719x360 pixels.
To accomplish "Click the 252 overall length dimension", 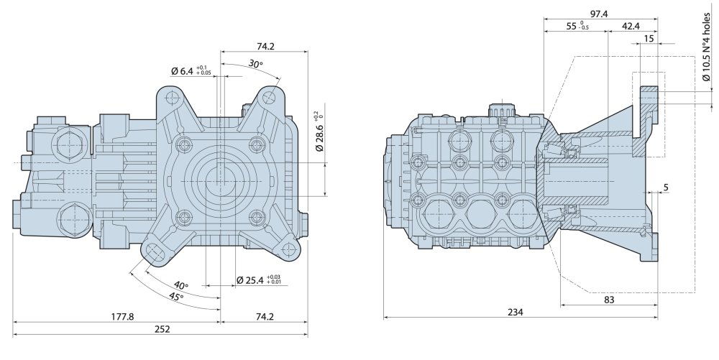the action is click(162, 329).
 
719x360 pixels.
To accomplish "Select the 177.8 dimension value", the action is click(123, 316).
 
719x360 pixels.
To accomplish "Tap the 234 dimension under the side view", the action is click(516, 313).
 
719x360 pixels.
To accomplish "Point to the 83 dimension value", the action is click(609, 300).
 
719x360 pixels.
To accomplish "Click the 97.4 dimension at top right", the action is click(599, 14).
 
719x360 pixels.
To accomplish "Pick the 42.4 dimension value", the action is click(631, 26).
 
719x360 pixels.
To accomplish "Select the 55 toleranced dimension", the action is click(577, 26).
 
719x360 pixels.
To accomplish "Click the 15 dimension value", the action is click(649, 39).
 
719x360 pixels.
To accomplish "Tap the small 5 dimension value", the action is click(666, 188).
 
